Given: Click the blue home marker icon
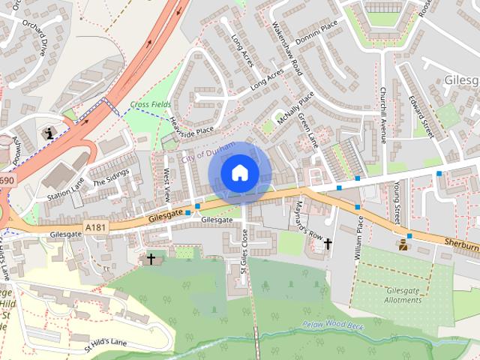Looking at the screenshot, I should click(x=239, y=173).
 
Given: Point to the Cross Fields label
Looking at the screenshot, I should click(x=150, y=104).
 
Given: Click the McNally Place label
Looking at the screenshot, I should click(x=295, y=109).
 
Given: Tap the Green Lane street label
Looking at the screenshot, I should click(x=308, y=130).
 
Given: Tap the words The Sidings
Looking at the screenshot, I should click(x=111, y=178).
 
